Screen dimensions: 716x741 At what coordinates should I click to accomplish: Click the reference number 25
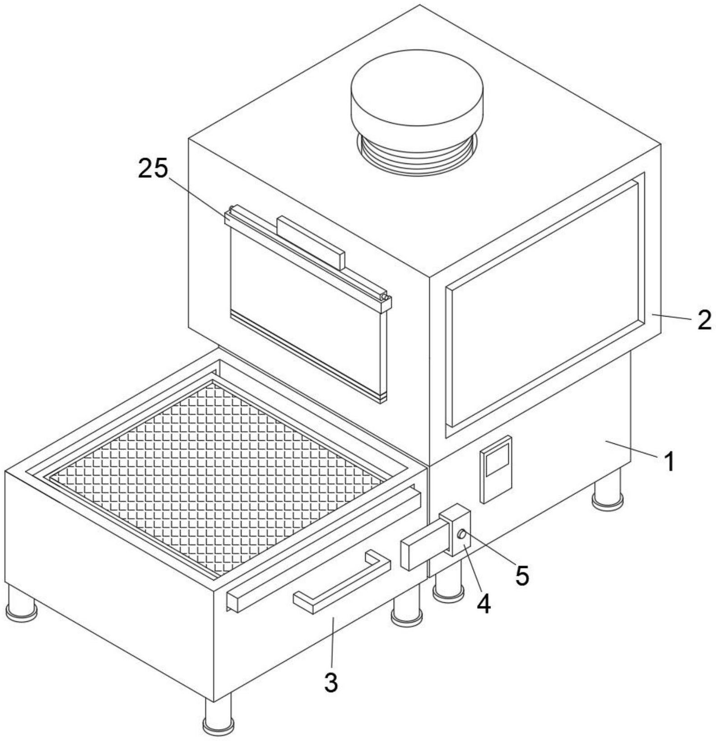click(x=153, y=169)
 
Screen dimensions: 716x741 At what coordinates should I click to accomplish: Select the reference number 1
click(x=670, y=461)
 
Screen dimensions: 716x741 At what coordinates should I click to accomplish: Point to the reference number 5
click(x=522, y=575)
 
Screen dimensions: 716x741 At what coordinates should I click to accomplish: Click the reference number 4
click(x=484, y=604)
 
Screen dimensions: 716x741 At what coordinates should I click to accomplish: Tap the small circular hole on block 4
click(x=462, y=534)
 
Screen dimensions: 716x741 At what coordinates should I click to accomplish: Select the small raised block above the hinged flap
click(x=311, y=242)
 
